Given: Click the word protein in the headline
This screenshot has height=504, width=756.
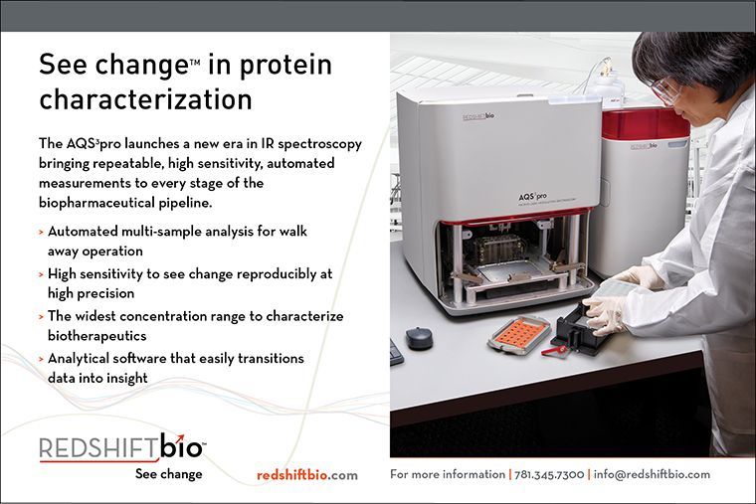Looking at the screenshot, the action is [285, 66].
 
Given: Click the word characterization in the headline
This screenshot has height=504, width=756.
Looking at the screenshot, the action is [145, 99].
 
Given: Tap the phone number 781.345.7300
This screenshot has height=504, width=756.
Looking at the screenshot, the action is [549, 474].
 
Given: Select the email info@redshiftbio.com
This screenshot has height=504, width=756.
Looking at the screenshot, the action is [652, 474].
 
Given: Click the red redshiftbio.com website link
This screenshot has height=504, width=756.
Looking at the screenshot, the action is [307, 475].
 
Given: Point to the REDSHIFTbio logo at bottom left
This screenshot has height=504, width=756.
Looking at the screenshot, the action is [122, 447].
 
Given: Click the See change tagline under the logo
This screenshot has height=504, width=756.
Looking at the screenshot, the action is [169, 474].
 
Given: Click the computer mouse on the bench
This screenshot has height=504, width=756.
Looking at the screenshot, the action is [419, 338].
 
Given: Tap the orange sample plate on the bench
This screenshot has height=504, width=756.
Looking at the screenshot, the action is [519, 332].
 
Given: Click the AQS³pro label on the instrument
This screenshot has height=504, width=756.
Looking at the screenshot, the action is [532, 197].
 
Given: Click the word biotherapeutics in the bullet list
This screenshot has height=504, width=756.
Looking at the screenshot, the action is [96, 336].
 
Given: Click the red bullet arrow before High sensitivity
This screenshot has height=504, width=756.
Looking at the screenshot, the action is [42, 274].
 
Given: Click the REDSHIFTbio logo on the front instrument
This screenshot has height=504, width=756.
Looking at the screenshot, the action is [478, 116].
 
